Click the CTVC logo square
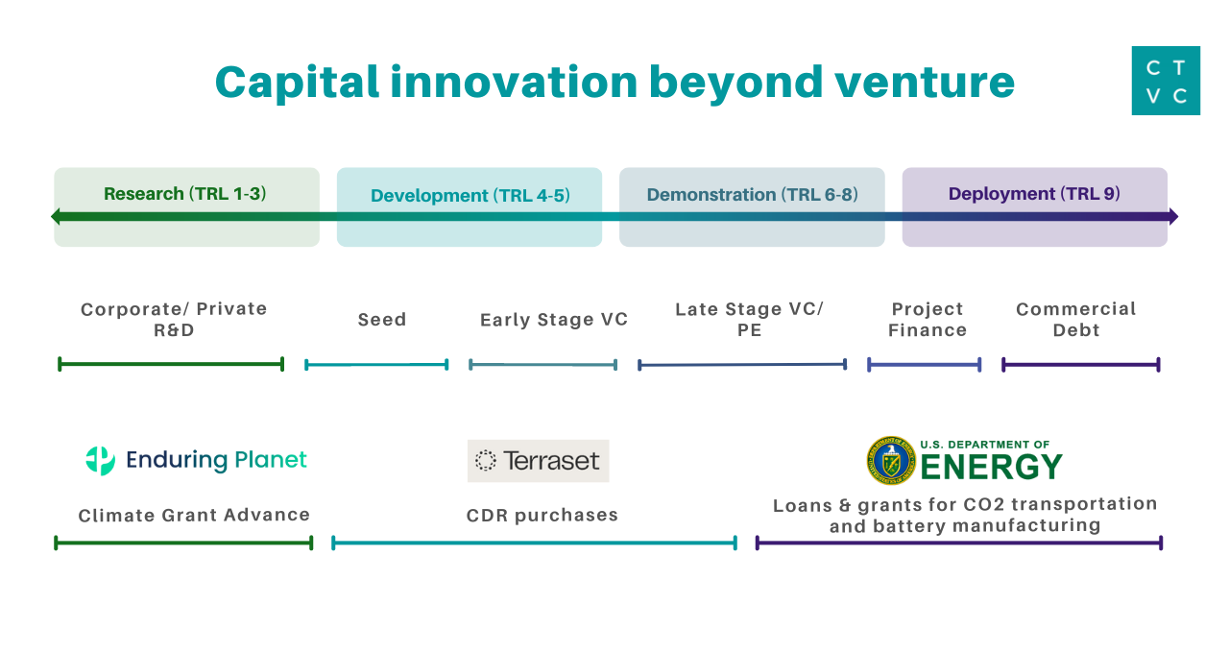coord(1166,81)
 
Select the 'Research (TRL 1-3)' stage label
coord(185,194)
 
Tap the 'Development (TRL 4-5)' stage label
coord(470,196)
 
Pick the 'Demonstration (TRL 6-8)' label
coord(752,195)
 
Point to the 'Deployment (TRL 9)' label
coord(1034,194)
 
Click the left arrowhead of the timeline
coord(57,216)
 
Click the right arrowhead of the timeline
coord(1171,216)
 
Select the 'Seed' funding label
coord(382,320)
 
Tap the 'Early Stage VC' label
coord(554,320)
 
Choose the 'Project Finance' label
coord(928,320)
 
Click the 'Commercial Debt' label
coord(1076,320)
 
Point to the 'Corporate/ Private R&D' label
coord(174,320)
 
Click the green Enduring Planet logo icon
coord(100,461)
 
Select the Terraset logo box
coord(539,461)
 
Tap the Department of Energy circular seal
coord(890,461)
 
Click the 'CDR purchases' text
coord(542,516)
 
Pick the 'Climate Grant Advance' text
coord(194,516)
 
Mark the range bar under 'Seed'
coord(376,365)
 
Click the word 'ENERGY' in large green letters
coord(991,468)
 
